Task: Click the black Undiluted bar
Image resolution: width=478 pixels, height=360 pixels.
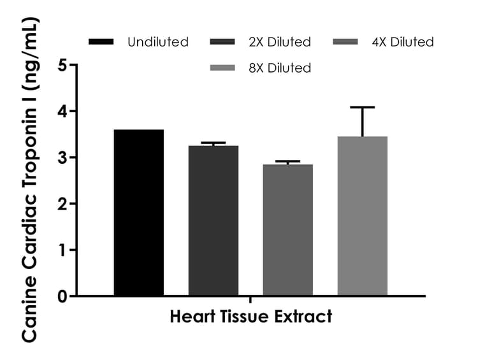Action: click(x=139, y=213)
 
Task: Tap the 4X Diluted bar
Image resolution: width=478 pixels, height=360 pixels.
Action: click(x=287, y=230)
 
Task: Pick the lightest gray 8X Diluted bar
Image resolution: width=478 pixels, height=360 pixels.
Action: click(x=362, y=216)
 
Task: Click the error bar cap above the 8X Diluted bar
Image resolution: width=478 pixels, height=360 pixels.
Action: click(x=362, y=108)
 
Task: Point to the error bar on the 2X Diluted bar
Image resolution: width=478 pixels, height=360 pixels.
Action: click(x=213, y=143)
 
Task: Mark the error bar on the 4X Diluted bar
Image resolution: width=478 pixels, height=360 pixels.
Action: click(x=287, y=162)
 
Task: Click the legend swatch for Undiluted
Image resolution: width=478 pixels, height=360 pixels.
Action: click(x=101, y=42)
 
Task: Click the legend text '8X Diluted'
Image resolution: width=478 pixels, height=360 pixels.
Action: click(x=280, y=68)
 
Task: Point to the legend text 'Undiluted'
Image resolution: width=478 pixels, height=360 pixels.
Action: click(x=158, y=42)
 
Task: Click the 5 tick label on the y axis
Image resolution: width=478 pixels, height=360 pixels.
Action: click(x=62, y=65)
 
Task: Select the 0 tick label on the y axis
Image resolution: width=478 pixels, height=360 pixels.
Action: click(x=62, y=296)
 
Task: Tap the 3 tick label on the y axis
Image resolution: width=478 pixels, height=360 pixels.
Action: click(x=62, y=157)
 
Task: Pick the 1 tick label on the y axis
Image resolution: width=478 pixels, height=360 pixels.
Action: click(x=62, y=250)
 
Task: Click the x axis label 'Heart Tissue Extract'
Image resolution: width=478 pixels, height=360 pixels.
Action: click(x=251, y=317)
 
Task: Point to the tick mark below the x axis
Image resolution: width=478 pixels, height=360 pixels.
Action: click(x=250, y=299)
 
